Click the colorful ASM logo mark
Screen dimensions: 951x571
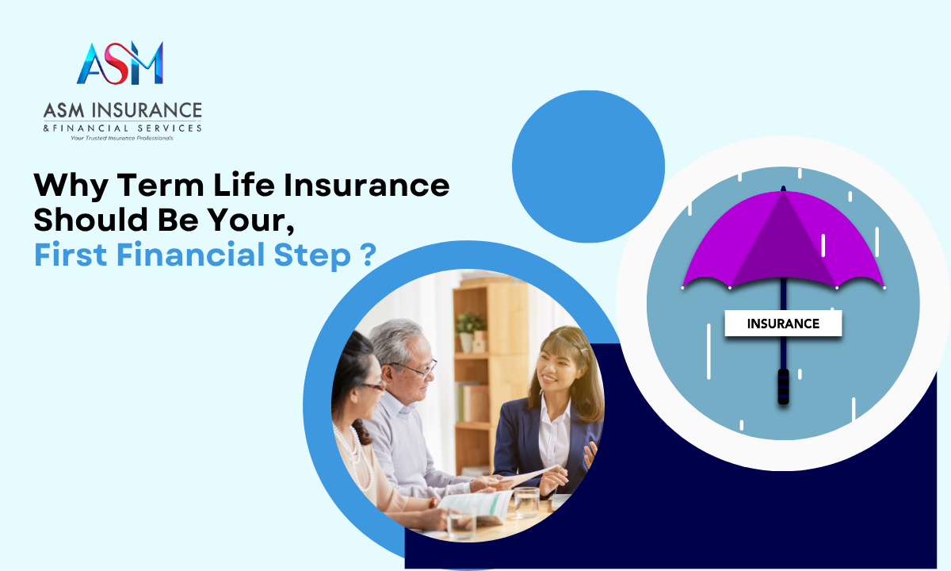pos(120,63)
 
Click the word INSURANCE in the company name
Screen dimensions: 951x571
pos(147,110)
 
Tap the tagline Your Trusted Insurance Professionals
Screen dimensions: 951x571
pos(122,138)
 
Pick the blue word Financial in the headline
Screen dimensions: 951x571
pos(191,255)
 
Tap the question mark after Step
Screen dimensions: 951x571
pos(370,255)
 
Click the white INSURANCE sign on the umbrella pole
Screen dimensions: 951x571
pos(783,324)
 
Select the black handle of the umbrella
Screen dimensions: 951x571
pos(783,386)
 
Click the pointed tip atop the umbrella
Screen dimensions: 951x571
pos(783,187)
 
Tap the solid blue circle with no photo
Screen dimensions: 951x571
pos(588,167)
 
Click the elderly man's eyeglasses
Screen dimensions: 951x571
pos(416,368)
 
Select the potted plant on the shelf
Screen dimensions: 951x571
pos(469,331)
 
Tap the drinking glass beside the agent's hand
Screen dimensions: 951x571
pos(526,503)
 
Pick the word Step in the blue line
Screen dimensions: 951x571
pos(312,255)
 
